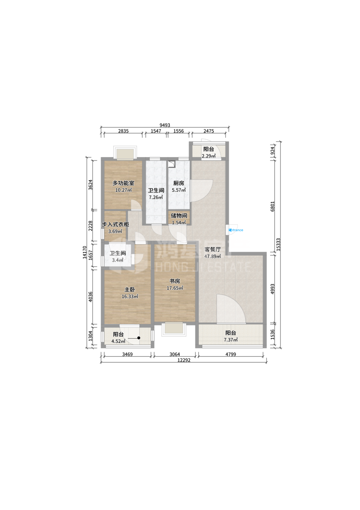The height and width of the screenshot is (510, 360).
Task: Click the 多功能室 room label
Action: coord(123,183)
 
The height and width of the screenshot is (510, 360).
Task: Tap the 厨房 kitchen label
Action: coord(178,183)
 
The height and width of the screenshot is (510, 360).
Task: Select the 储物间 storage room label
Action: coord(179,216)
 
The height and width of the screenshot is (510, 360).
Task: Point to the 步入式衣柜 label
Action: coord(115,224)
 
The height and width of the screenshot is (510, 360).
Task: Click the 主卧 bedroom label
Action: coord(130,290)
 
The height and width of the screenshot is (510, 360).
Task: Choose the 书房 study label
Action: coord(175,281)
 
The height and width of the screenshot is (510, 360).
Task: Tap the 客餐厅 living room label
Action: coord(212,250)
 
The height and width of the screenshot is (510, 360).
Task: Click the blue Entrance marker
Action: coord(236,230)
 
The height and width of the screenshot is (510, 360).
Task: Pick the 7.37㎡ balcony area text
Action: coord(231,340)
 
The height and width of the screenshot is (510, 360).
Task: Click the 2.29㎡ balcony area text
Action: coord(208,156)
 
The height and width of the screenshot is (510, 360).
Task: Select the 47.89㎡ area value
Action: coord(212,256)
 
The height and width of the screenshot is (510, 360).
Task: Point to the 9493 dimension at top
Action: coord(165,125)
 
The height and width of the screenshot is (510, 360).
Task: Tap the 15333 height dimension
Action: coord(278,245)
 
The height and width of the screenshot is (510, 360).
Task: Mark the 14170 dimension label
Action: coord(85,252)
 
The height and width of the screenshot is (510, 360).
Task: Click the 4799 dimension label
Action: coord(231,354)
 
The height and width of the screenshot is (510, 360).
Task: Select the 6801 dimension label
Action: coord(272,206)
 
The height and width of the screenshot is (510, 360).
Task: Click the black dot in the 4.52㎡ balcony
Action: coord(139,338)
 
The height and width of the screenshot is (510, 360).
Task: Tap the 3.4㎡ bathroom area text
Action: coord(118,260)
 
